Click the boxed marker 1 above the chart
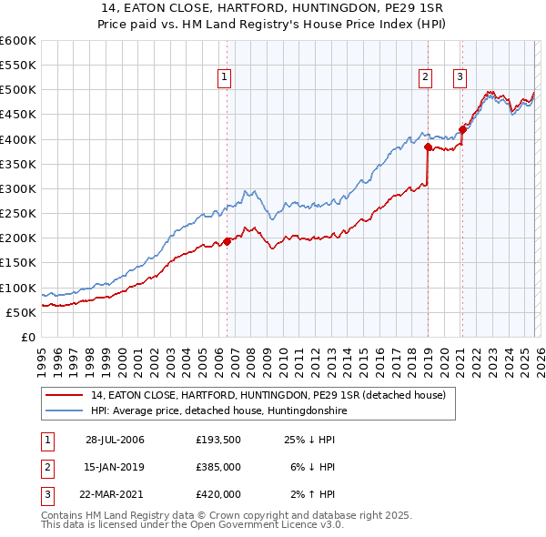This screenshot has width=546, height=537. [225, 78]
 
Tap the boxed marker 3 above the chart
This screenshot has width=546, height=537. [460, 78]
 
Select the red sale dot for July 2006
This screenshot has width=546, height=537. [227, 241]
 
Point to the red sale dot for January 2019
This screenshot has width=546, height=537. [427, 146]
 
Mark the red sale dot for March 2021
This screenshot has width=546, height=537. [462, 129]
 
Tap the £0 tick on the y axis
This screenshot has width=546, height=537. [27, 337]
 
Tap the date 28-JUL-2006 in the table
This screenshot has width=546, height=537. [115, 441]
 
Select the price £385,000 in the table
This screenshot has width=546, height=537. [217, 467]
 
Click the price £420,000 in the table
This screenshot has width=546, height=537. [217, 494]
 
